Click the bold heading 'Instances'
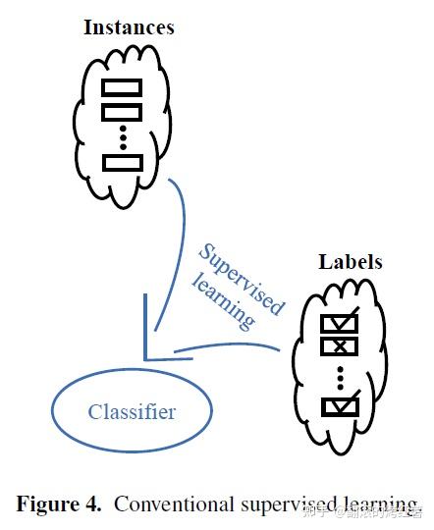click(x=129, y=26)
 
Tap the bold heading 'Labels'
click(x=351, y=262)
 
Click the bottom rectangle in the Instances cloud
click(x=122, y=162)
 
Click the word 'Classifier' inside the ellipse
click(x=132, y=411)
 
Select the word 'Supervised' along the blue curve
click(x=241, y=278)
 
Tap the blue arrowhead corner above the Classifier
click(x=148, y=354)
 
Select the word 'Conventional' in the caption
click(x=173, y=504)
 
